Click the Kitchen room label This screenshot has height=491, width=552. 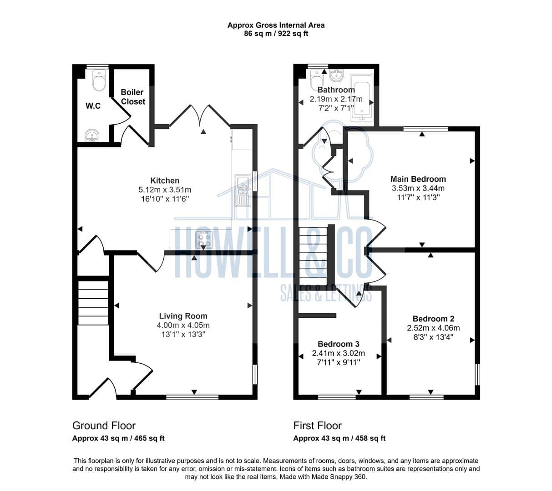tap(165, 180)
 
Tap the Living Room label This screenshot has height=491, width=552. tap(183, 316)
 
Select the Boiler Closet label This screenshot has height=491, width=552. tap(133, 97)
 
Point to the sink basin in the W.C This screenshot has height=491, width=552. tap(92, 135)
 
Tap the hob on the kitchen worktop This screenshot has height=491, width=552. tap(204, 240)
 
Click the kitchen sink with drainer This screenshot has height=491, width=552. tap(242, 190)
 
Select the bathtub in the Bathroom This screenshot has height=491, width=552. tap(361, 98)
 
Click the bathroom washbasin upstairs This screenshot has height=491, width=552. tap(337, 75)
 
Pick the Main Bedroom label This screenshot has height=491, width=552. tap(418, 179)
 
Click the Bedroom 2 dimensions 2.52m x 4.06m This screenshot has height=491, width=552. tap(433, 328)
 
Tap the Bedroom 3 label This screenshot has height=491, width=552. tap(339, 344)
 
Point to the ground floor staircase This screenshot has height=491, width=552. tap(93, 303)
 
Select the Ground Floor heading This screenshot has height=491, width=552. tap(104, 426)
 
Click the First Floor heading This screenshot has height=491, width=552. tap(318, 426)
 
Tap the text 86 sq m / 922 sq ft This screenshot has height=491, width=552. tap(276, 34)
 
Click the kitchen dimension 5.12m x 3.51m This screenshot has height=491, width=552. tap(165, 190)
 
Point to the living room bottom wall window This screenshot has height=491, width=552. tap(192, 397)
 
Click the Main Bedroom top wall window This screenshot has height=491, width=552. tap(425, 129)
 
